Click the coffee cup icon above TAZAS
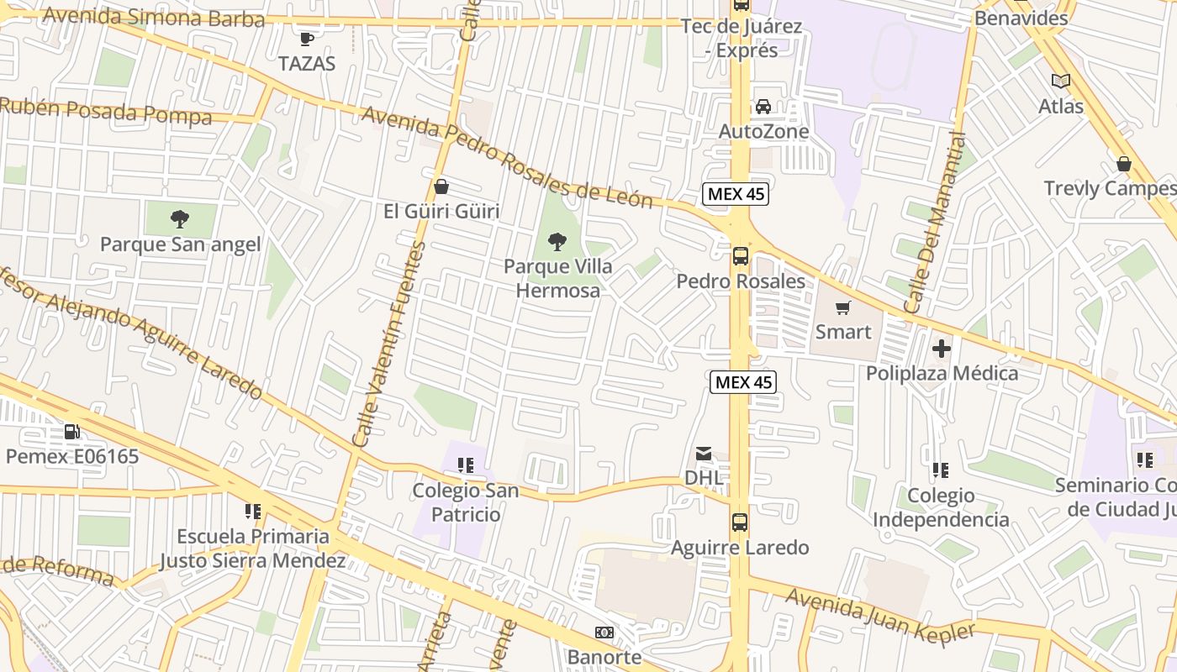(x=307, y=39)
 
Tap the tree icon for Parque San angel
(x=179, y=220)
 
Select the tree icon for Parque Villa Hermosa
(x=557, y=243)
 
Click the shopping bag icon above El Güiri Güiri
(x=441, y=186)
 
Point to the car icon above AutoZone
(x=763, y=107)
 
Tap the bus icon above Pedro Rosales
(x=741, y=256)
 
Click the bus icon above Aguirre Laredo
(x=740, y=522)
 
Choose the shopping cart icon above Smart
(x=843, y=307)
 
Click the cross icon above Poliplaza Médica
(x=942, y=348)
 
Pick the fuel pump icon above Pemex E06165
(x=72, y=432)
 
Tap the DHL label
(x=704, y=477)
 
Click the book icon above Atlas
(x=1061, y=81)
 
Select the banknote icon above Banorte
(x=604, y=633)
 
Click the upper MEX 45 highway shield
(x=736, y=194)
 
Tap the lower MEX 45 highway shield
(x=743, y=382)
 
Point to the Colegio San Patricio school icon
(x=466, y=465)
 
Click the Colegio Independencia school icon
(x=941, y=470)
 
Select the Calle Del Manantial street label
(x=934, y=223)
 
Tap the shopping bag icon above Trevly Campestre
(x=1123, y=164)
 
